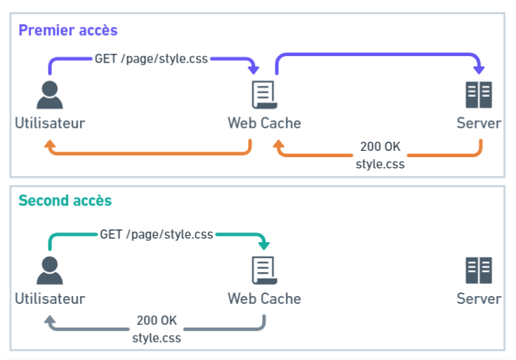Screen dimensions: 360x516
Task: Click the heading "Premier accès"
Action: click(67, 30)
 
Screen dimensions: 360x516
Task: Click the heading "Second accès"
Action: click(64, 200)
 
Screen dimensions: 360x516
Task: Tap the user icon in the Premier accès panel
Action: click(49, 95)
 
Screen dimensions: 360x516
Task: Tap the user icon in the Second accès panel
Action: click(49, 270)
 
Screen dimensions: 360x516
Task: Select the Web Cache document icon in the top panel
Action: click(264, 95)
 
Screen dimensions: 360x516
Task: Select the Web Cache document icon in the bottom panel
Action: click(264, 270)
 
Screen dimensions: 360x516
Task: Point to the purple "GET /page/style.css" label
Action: click(151, 59)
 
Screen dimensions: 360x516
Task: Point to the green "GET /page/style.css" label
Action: click(156, 234)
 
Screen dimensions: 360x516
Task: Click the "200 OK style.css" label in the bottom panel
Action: click(156, 329)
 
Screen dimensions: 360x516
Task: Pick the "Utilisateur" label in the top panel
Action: click(50, 124)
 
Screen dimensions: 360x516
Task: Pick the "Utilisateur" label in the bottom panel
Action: click(50, 299)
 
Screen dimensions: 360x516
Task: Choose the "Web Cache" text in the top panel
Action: click(264, 124)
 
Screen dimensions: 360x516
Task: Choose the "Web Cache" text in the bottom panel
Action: click(264, 299)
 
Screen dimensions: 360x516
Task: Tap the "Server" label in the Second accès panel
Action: click(479, 299)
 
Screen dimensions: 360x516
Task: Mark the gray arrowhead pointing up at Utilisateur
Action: click(49, 319)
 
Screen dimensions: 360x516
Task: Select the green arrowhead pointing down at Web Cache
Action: click(264, 245)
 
